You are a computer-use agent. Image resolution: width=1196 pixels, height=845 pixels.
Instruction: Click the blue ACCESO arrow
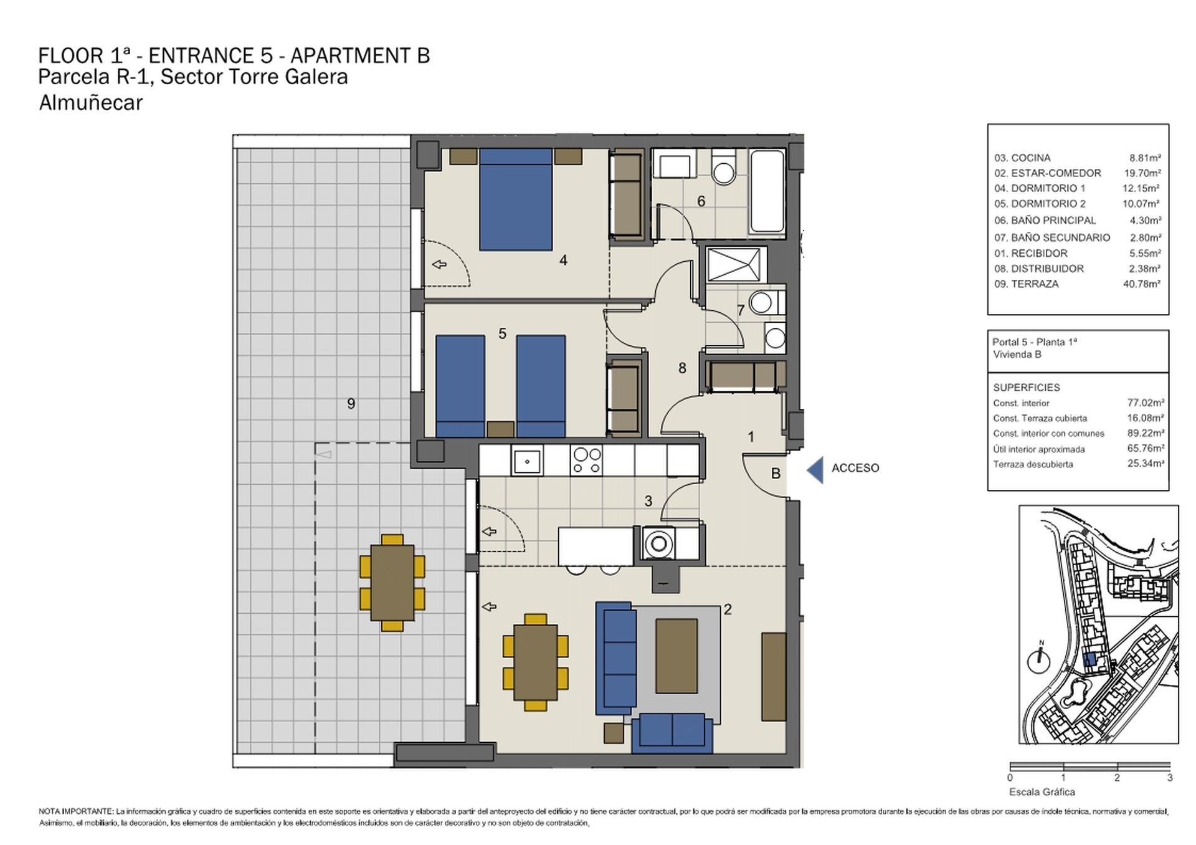pyautogui.click(x=815, y=470)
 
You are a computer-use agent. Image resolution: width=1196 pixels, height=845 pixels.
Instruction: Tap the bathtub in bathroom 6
pyautogui.click(x=767, y=191)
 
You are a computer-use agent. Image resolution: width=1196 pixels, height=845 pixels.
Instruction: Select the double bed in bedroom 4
pyautogui.click(x=516, y=199)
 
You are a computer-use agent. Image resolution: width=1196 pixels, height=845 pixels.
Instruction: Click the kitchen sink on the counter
pyautogui.click(x=527, y=461)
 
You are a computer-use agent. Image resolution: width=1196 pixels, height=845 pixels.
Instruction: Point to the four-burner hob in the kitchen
pyautogui.click(x=586, y=461)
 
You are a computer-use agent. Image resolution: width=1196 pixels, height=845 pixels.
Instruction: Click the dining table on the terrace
pyautogui.click(x=392, y=583)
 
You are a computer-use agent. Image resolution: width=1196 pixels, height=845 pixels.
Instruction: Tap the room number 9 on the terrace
pyautogui.click(x=351, y=404)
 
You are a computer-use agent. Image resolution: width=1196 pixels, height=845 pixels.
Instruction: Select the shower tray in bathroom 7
pyautogui.click(x=734, y=265)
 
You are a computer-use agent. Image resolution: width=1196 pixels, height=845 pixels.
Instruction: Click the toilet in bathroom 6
pyautogui.click(x=723, y=167)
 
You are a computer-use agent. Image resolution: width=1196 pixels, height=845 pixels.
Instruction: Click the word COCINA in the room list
pyautogui.click(x=1031, y=158)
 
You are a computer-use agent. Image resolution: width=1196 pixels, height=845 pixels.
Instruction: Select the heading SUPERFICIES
pyautogui.click(x=1027, y=387)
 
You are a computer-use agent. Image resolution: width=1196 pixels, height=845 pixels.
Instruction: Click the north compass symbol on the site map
pyautogui.click(x=1038, y=659)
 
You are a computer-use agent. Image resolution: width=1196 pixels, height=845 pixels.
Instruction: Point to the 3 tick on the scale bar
pyautogui.click(x=1170, y=777)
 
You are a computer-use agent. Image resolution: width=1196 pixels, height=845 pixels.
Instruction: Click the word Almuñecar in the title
pyautogui.click(x=91, y=102)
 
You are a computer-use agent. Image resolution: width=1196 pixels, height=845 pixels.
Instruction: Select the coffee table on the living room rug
pyautogui.click(x=676, y=656)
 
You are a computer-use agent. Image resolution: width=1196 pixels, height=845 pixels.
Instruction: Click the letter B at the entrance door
pyautogui.click(x=776, y=474)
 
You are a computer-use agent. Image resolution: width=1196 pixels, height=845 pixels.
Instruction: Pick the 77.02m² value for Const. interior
pyautogui.click(x=1146, y=403)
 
